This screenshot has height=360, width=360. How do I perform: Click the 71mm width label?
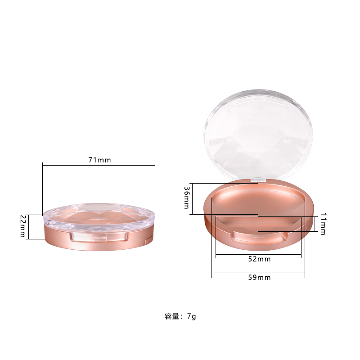click(99, 160)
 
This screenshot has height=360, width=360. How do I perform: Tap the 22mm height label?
click(22, 227)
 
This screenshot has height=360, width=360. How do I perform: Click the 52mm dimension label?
click(258, 259)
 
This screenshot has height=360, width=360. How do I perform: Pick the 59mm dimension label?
click(258, 278)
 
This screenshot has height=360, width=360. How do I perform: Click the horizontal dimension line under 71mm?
click(99, 166)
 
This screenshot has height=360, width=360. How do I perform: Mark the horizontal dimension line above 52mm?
click(258, 255)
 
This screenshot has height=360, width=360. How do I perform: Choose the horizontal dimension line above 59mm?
click(258, 273)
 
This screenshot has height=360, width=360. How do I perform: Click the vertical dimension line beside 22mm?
click(28, 227)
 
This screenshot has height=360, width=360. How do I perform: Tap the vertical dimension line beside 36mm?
click(192, 198)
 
